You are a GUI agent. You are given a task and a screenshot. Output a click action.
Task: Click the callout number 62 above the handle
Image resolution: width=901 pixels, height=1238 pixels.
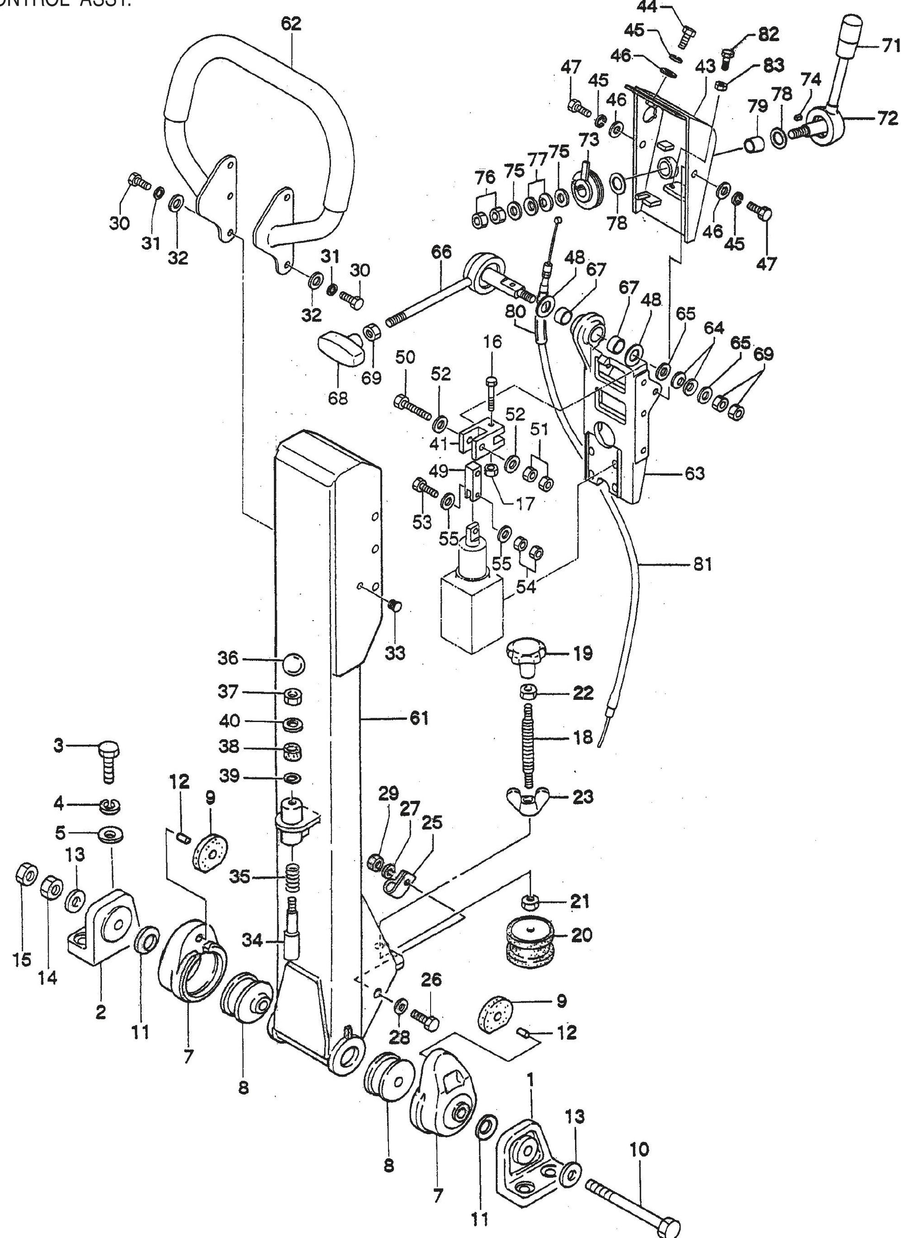tap(291, 25)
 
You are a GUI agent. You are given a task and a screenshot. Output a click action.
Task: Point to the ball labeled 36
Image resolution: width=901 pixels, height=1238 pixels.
tap(294, 664)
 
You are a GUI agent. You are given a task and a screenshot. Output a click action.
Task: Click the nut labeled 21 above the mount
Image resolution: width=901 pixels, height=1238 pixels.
tap(528, 901)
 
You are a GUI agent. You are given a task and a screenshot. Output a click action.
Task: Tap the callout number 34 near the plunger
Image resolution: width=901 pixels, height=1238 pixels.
tap(253, 940)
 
